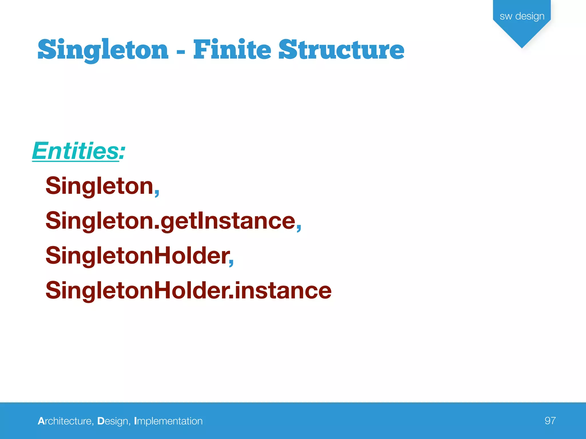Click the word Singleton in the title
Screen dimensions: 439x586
103,50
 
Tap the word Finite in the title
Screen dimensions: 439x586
232,49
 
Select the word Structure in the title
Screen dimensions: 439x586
341,49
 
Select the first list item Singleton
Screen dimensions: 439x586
100,186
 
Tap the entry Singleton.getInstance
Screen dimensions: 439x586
170,221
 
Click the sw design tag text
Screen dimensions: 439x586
522,16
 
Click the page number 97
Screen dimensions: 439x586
550,421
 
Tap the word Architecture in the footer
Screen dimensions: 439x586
66,421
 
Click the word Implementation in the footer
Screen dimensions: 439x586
168,421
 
